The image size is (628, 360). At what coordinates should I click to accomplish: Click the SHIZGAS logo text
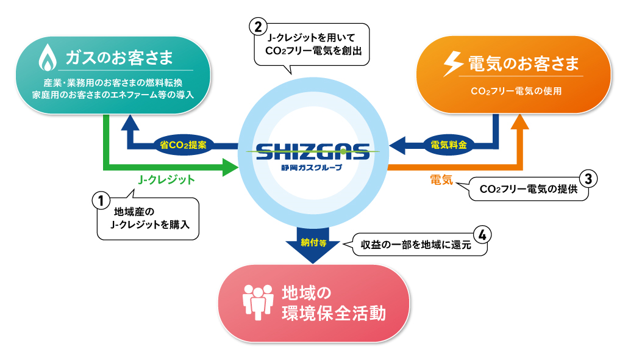click(x=313, y=151)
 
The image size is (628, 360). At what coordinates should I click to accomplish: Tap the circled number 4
click(x=482, y=234)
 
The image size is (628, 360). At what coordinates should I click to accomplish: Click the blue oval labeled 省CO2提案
click(x=184, y=146)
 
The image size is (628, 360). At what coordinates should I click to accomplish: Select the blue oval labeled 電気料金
click(x=448, y=146)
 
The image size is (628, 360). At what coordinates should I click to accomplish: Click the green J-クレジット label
click(x=166, y=180)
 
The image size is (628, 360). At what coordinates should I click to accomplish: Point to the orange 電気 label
click(x=440, y=179)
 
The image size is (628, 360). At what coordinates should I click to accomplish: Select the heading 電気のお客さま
click(x=522, y=63)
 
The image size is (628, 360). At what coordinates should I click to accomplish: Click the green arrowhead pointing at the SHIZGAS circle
click(x=229, y=166)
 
